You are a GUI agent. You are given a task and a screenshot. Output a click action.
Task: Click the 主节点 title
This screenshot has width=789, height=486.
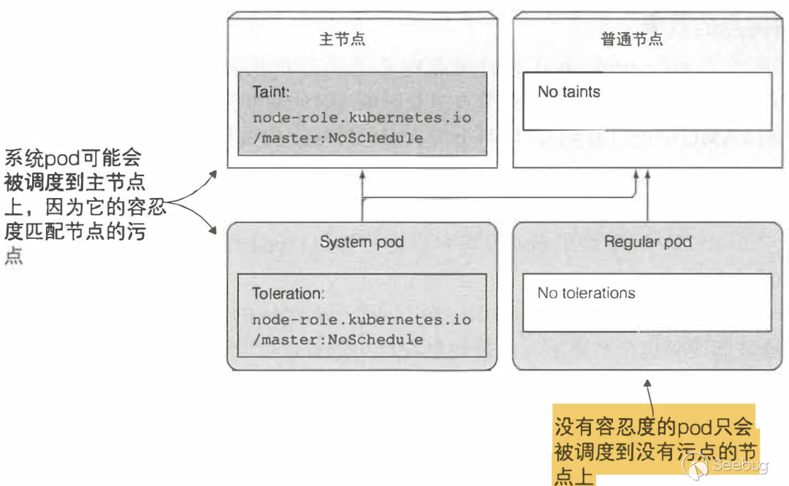point(342,39)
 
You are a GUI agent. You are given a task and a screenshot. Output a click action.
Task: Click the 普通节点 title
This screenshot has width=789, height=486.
point(632,39)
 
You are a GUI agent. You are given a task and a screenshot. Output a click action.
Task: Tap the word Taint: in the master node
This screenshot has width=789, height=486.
point(272,92)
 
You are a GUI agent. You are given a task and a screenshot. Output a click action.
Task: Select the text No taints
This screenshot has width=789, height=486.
point(568,92)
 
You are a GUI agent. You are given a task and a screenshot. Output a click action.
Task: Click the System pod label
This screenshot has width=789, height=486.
point(362,242)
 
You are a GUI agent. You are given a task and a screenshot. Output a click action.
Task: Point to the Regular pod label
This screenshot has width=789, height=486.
point(647,242)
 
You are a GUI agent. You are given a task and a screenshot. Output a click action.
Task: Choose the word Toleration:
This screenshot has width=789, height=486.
point(287,294)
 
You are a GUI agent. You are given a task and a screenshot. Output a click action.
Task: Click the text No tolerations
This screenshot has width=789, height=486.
point(586,293)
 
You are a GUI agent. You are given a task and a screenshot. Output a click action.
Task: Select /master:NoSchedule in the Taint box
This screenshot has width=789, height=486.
point(338,137)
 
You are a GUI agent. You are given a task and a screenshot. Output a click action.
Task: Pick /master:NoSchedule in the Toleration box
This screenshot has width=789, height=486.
point(338,339)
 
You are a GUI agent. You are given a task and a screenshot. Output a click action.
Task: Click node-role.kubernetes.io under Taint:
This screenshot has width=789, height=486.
point(362,118)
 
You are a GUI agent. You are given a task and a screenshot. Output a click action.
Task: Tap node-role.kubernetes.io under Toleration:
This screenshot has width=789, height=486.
point(362,320)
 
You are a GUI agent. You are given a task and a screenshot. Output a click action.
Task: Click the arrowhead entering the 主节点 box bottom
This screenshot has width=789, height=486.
point(362,174)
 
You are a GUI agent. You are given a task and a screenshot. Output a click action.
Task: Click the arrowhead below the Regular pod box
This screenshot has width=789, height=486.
point(647,382)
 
